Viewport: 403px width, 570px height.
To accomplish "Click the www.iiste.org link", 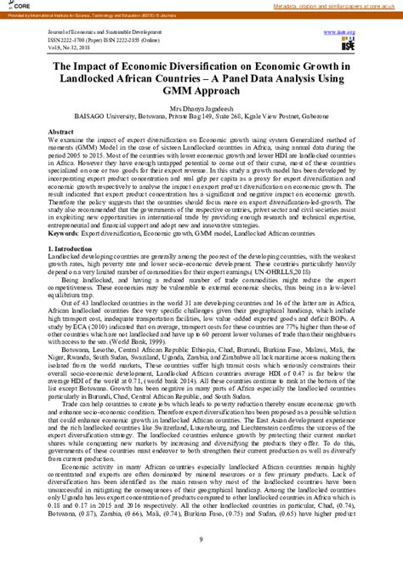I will click(339, 31).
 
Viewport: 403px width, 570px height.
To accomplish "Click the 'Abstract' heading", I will click(60, 133).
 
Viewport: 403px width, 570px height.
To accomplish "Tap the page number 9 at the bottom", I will click(201, 539).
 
